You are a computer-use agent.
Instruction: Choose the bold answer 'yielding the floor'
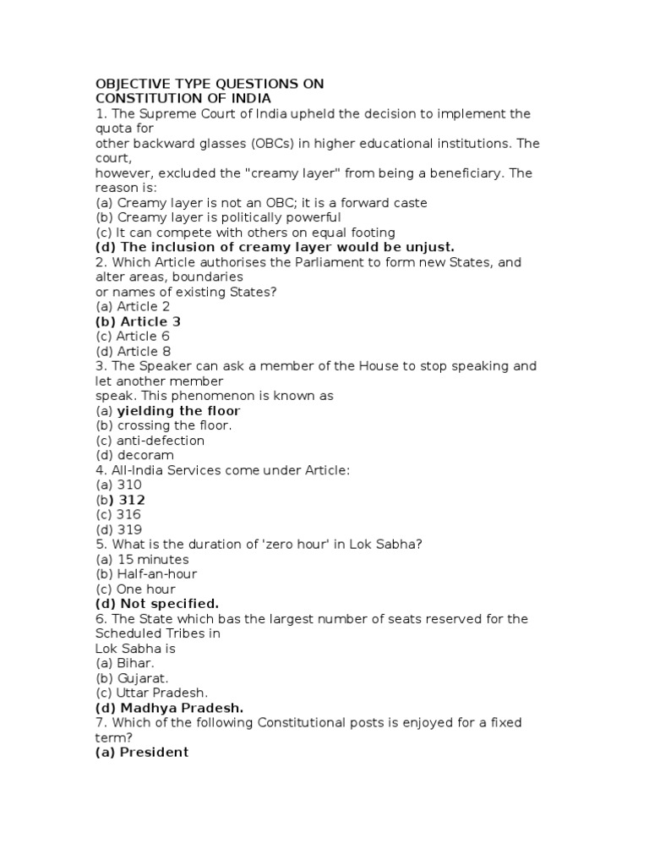178,411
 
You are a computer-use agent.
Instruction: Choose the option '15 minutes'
153,559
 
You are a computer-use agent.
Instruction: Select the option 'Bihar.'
137,663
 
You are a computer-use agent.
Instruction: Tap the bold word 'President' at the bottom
154,752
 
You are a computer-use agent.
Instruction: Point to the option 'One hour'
146,589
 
